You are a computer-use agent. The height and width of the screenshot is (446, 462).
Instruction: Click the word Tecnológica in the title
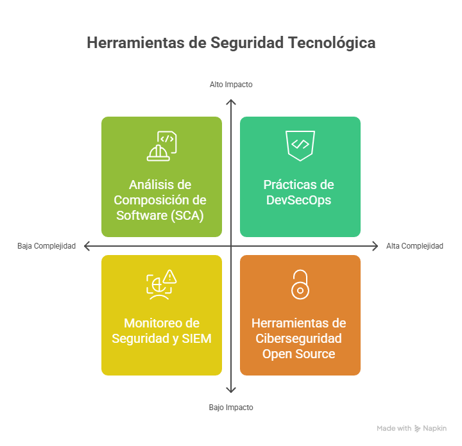332,43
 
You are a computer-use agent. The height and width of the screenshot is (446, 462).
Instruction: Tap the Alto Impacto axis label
231,85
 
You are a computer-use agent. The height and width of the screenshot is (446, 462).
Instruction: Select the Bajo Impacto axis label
231,408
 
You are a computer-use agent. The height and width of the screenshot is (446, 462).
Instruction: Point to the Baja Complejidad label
47,246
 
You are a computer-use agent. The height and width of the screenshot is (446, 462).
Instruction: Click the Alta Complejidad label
415,246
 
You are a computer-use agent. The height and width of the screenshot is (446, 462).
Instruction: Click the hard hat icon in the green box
158,153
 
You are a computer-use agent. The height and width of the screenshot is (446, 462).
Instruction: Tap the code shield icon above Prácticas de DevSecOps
300,145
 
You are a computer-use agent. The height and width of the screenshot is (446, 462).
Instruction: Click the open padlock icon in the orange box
300,285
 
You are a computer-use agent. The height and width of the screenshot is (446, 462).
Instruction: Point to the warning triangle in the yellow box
169,277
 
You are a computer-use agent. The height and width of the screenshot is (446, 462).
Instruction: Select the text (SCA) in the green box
187,216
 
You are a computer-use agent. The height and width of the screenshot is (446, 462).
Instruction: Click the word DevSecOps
299,201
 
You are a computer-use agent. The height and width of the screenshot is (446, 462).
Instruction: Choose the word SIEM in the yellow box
196,338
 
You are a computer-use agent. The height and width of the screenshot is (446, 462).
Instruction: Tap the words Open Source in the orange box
299,354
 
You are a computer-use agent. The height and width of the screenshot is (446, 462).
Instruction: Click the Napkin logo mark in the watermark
417,428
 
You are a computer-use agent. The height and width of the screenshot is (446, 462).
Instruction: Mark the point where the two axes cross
231,246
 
